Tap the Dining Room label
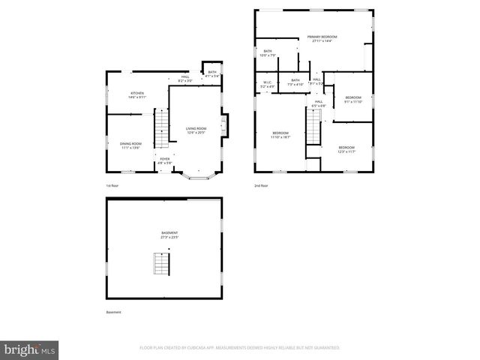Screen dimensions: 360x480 click(x=130, y=145)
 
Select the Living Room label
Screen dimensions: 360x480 click(x=196, y=130)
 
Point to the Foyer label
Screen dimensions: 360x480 click(x=165, y=160)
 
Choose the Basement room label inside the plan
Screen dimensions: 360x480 click(x=169, y=235)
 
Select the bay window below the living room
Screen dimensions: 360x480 click(x=197, y=177)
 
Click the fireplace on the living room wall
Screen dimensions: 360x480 click(x=223, y=123)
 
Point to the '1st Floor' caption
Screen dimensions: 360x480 click(x=112, y=185)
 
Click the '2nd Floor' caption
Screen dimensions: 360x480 click(x=261, y=185)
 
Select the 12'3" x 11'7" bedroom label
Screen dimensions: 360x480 click(x=346, y=148)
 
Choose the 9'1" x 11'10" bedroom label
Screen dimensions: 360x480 click(x=353, y=100)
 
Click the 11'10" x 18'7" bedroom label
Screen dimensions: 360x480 click(x=280, y=135)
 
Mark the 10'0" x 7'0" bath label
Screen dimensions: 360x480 click(x=268, y=53)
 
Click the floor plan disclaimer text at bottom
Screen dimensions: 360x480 click(x=240, y=348)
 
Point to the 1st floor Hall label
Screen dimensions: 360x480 click(x=184, y=78)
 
